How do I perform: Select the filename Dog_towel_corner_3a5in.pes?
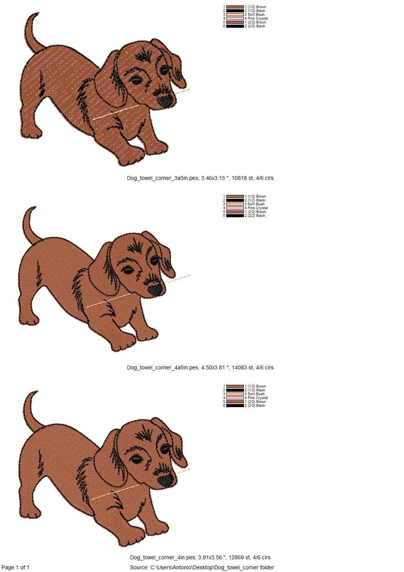(163, 178)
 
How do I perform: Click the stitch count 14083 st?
(242, 367)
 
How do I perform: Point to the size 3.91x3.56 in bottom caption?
(211, 557)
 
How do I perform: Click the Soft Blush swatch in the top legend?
(235, 15)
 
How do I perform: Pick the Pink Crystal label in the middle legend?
(257, 208)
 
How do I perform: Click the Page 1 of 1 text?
(15, 567)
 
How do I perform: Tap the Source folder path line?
(202, 567)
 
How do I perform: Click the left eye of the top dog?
(136, 80)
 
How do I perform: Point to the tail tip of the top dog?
(37, 14)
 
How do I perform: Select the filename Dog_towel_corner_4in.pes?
(162, 557)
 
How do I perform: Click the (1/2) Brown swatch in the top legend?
(235, 7)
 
